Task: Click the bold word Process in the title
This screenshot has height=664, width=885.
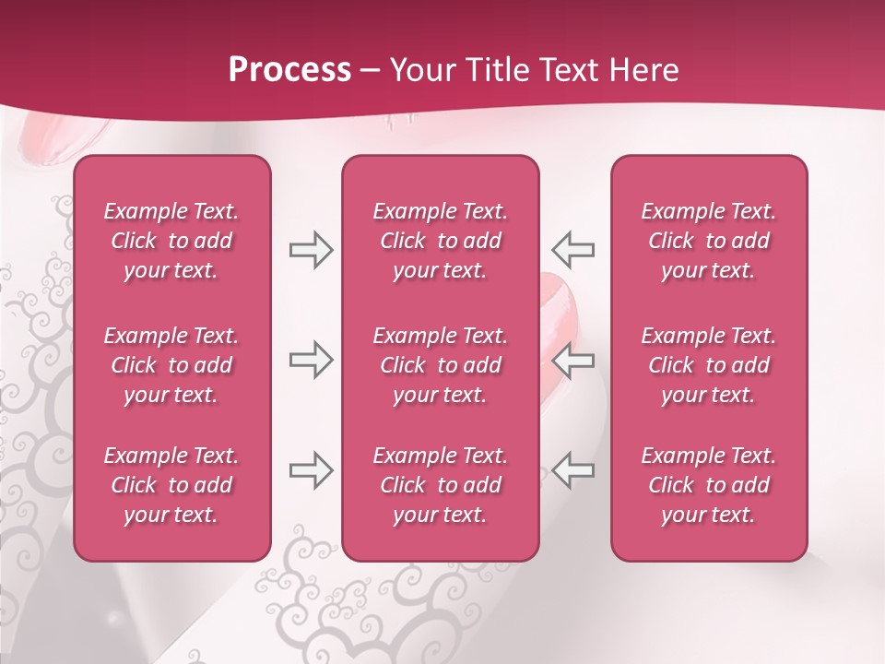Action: (289, 70)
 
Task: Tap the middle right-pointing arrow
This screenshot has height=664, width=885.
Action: (311, 360)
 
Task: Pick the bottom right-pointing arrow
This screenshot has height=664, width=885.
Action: (311, 470)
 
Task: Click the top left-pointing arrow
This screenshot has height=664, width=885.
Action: (573, 250)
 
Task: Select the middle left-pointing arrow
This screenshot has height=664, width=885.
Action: (573, 360)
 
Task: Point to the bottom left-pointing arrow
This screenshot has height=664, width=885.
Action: (573, 470)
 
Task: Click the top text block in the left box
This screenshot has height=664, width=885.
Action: (171, 241)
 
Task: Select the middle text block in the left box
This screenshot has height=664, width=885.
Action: (171, 365)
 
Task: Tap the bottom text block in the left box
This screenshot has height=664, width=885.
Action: (171, 485)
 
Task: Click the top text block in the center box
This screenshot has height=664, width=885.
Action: (440, 241)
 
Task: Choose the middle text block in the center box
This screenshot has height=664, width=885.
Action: (440, 365)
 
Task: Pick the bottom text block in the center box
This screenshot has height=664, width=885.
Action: (440, 485)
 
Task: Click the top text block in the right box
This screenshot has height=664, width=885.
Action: (708, 241)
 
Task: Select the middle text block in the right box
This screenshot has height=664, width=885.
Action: (708, 365)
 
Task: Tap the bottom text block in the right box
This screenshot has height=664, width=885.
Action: (708, 485)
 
